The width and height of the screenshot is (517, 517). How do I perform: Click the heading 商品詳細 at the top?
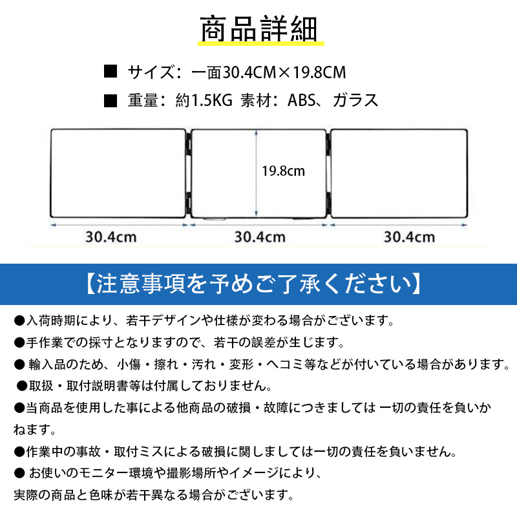pyautogui.click(x=258, y=28)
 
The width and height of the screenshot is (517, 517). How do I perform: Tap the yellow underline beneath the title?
pyautogui.click(x=261, y=43)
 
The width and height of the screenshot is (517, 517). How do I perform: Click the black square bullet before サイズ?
pyautogui.click(x=111, y=71)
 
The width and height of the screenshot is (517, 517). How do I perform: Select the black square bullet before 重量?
pyautogui.click(x=111, y=101)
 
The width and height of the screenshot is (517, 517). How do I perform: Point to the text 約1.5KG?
pyautogui.click(x=204, y=100)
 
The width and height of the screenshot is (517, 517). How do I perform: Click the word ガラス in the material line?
pyautogui.click(x=355, y=100)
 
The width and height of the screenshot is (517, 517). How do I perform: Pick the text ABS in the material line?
pyautogui.click(x=302, y=100)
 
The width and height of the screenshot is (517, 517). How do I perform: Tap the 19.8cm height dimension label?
pyautogui.click(x=283, y=171)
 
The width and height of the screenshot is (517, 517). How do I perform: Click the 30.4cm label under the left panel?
pyautogui.click(x=111, y=237)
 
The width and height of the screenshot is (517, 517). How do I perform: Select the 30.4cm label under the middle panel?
pyautogui.click(x=260, y=237)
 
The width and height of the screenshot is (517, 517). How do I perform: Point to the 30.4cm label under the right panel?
pyautogui.click(x=409, y=237)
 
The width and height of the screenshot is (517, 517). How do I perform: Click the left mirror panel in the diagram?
pyautogui.click(x=118, y=173)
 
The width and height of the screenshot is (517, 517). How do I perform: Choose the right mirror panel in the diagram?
pyautogui.click(x=399, y=173)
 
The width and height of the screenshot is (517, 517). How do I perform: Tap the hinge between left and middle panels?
pyautogui.click(x=189, y=173)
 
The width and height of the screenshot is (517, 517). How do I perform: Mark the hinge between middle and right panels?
pyautogui.click(x=328, y=173)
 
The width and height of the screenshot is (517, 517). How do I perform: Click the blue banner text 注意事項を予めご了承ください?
pyautogui.click(x=254, y=284)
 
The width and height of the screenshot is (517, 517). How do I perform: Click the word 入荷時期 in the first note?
pyautogui.click(x=51, y=321)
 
